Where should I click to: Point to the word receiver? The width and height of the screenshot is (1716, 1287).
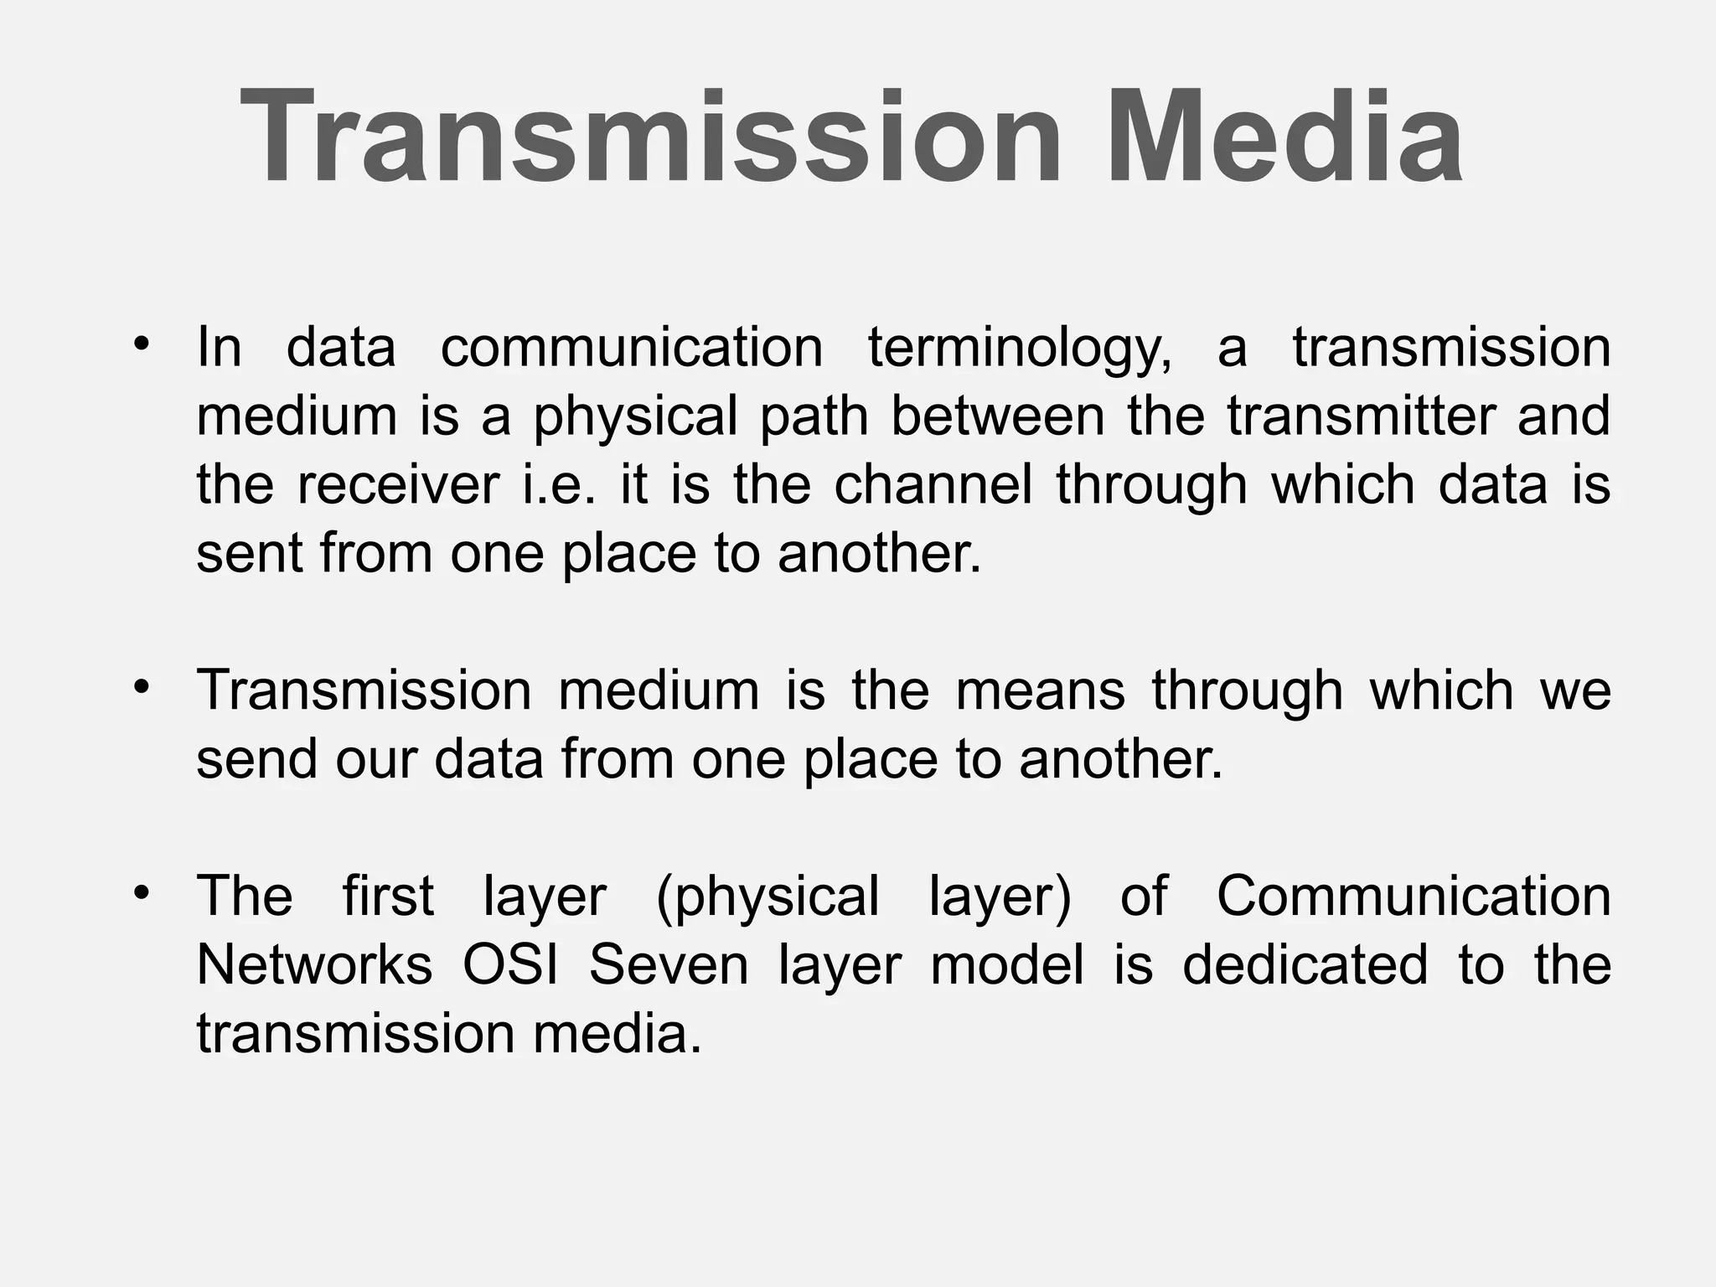coord(398,485)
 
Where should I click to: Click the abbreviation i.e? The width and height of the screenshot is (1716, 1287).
coord(560,485)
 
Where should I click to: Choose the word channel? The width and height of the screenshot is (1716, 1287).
coord(933,485)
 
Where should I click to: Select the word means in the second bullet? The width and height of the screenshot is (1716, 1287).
coord(1041,691)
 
